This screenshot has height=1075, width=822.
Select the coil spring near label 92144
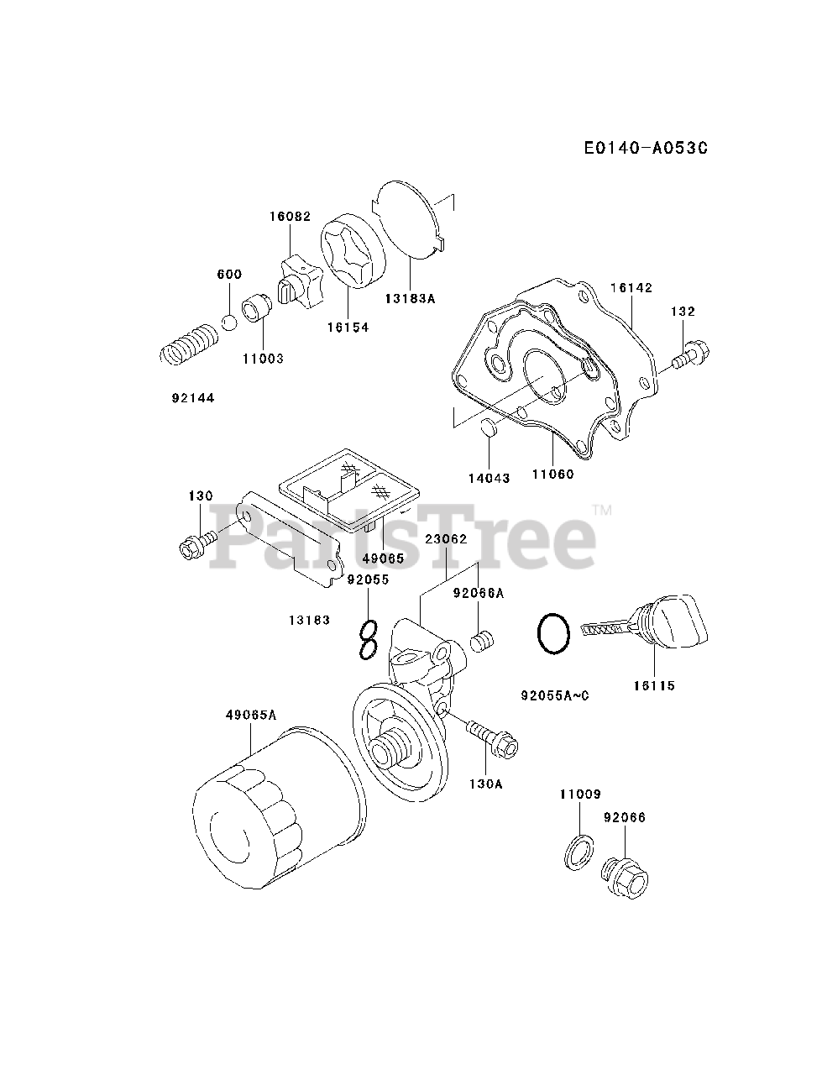pyautogui.click(x=188, y=344)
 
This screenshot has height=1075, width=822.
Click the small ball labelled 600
pyautogui.click(x=228, y=322)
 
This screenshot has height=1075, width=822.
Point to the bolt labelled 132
pyautogui.click(x=691, y=354)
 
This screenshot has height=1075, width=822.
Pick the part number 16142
pyautogui.click(x=631, y=287)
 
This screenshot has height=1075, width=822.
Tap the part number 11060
pyautogui.click(x=552, y=474)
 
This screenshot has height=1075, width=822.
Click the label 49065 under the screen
pyautogui.click(x=383, y=558)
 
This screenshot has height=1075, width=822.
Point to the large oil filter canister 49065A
pyautogui.click(x=277, y=801)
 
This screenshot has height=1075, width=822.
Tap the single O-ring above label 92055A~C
pyautogui.click(x=554, y=633)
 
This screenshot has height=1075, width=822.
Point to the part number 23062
pyautogui.click(x=446, y=540)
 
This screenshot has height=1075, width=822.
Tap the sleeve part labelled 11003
pyautogui.click(x=256, y=311)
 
